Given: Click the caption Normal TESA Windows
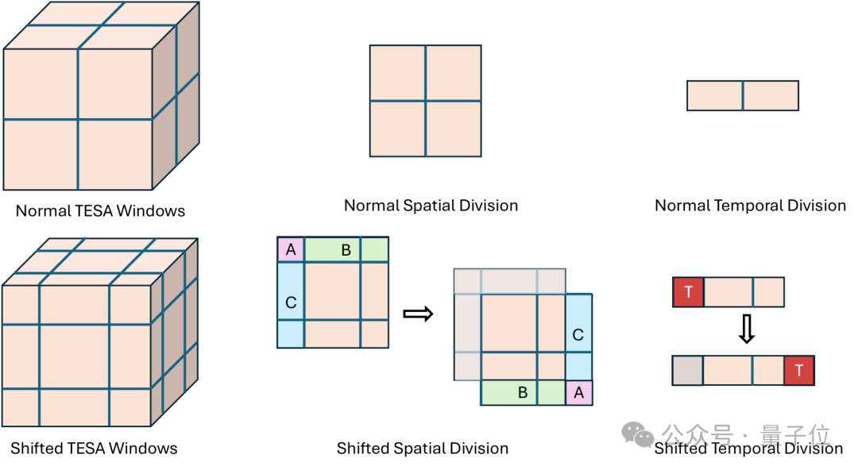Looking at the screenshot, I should [x=100, y=211].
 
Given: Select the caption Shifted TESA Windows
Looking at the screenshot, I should [x=94, y=448].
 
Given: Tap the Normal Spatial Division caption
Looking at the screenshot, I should [x=431, y=206].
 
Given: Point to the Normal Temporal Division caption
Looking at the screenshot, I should [x=750, y=206].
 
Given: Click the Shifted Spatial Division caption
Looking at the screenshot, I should [x=422, y=448].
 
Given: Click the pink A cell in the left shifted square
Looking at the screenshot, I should [x=290, y=250].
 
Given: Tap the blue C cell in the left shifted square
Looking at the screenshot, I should [x=291, y=302].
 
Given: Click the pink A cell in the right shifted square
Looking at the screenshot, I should [x=579, y=392].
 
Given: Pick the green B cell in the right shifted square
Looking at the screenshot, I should [x=523, y=392].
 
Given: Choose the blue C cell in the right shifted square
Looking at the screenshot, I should [x=578, y=335].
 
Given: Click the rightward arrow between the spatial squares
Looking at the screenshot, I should [x=418, y=314].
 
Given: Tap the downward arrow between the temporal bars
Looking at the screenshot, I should [x=745, y=329].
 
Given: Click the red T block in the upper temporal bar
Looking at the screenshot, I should [x=688, y=292].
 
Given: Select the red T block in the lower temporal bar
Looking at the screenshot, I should [x=799, y=370].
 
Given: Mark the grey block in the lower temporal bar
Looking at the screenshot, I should [x=687, y=370].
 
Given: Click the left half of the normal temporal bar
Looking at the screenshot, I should [x=715, y=95].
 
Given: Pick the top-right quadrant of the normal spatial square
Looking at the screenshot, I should [x=453, y=73].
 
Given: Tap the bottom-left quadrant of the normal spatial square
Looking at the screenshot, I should [x=397, y=128].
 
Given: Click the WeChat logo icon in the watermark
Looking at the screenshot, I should [x=639, y=433].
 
